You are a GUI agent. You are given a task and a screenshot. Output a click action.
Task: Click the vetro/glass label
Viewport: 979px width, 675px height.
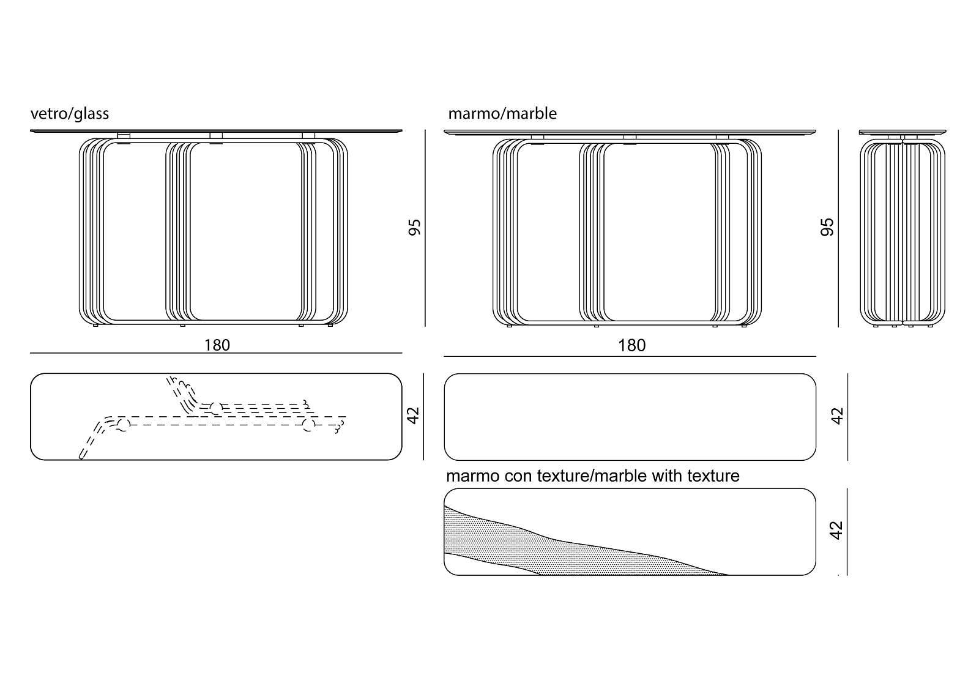click(x=70, y=114)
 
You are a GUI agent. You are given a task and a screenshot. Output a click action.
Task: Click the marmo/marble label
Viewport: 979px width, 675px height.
click(x=502, y=114)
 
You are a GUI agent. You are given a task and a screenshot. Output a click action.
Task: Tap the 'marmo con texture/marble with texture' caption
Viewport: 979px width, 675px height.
click(x=592, y=475)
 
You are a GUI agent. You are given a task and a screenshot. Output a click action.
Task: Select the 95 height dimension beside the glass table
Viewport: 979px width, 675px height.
click(x=415, y=228)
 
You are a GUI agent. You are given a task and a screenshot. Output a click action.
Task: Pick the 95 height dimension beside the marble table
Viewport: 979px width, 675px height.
click(x=827, y=228)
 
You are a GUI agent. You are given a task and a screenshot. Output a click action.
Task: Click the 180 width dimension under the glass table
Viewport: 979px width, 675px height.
click(x=217, y=345)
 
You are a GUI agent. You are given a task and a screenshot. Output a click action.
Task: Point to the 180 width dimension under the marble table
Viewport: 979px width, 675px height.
click(x=631, y=346)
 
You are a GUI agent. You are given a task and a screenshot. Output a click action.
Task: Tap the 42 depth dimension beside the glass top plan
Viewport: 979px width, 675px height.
click(x=414, y=416)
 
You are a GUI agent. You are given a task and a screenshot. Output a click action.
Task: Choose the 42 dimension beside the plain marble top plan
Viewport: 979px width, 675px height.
click(x=838, y=416)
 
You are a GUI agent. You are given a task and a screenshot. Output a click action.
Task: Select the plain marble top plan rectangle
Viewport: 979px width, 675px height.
click(x=630, y=417)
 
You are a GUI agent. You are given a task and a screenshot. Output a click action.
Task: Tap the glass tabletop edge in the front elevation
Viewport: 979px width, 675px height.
click(x=216, y=130)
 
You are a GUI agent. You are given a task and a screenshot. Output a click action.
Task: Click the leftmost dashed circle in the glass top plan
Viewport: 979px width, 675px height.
click(x=123, y=425)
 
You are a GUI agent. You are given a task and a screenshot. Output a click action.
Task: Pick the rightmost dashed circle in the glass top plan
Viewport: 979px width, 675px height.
click(x=308, y=425)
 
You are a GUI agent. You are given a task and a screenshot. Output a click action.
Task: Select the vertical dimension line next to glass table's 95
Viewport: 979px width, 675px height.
click(x=425, y=228)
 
